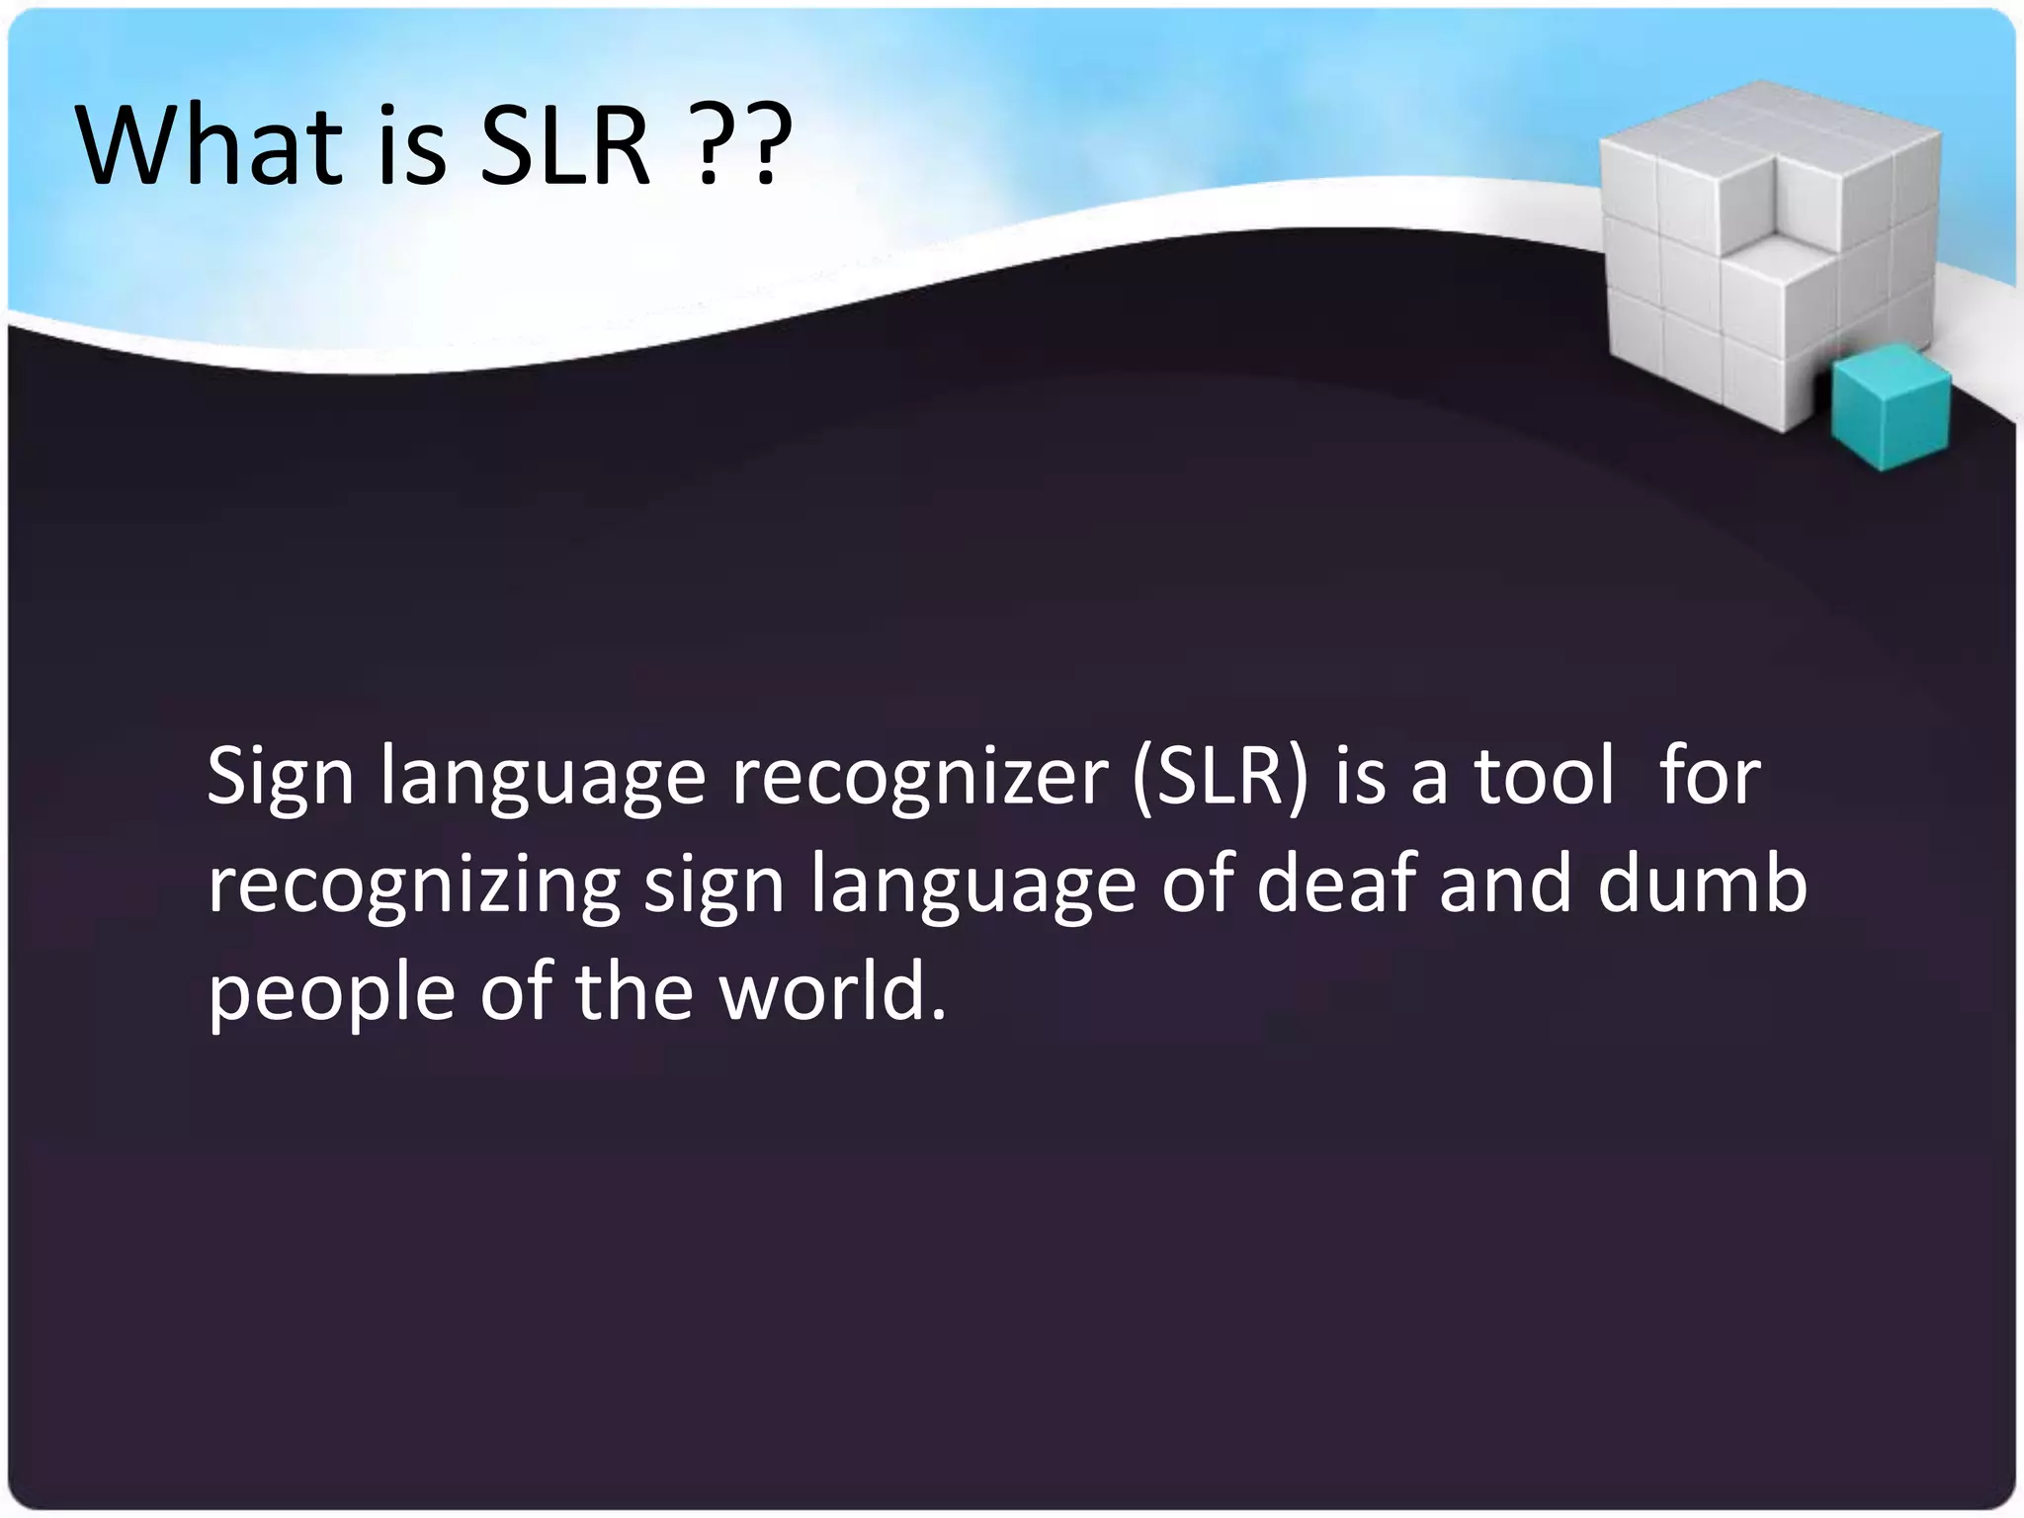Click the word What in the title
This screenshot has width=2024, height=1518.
[x=209, y=145]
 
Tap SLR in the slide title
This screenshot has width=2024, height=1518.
[x=564, y=145]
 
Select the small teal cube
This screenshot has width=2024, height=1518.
[x=1890, y=411]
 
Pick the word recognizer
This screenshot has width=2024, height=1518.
[x=919, y=777]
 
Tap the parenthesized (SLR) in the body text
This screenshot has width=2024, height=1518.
[x=1220, y=777]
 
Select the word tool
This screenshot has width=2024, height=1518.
[x=1545, y=777]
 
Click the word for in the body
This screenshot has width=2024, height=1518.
[x=1710, y=777]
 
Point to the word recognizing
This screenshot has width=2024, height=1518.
[x=414, y=885]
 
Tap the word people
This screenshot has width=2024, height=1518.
[x=332, y=994]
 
